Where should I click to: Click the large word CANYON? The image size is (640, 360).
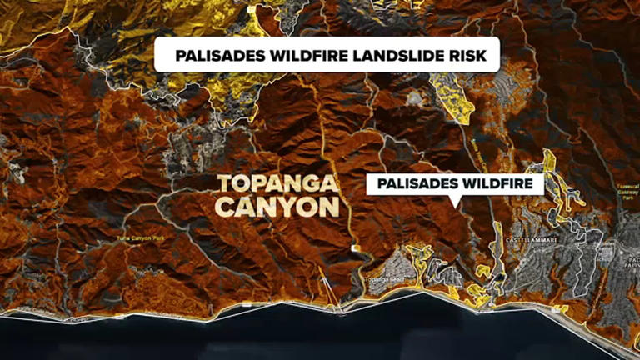278,207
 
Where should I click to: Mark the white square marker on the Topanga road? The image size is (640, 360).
356,248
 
